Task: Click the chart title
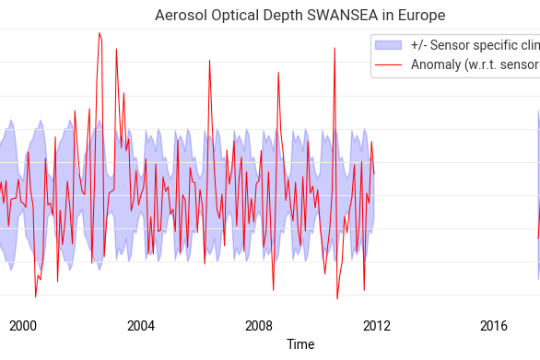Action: coord(300,16)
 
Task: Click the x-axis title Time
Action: coord(300,344)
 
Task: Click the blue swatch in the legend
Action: coord(391,45)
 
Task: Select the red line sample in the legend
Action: coord(391,64)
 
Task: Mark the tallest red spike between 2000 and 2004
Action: coord(99,33)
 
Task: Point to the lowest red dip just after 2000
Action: coord(36,296)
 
